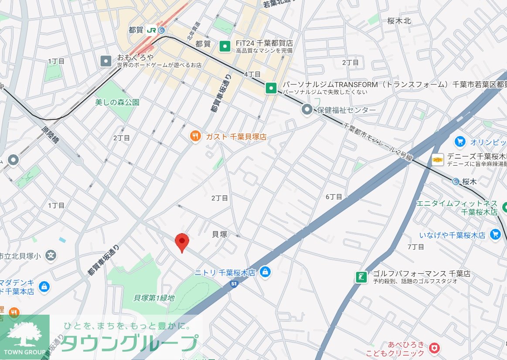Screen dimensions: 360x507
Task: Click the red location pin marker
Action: tap(182, 242)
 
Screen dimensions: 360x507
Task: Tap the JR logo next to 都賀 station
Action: tap(152, 30)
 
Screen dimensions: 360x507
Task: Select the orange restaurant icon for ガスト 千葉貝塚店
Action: tap(195, 136)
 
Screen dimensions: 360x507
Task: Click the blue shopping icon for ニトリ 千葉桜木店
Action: tap(265, 272)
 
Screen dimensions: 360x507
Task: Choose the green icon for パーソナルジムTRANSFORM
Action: tap(271, 88)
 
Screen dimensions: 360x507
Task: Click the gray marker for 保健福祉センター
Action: tap(307, 110)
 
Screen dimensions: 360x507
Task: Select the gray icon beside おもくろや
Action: tap(106, 61)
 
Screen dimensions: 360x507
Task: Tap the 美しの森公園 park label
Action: tap(117, 102)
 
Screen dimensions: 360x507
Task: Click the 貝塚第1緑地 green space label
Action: tap(154, 298)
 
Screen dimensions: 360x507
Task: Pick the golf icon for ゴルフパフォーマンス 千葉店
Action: tap(361, 277)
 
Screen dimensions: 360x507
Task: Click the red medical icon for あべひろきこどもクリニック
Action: tap(434, 348)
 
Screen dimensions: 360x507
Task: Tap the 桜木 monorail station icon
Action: tap(456, 181)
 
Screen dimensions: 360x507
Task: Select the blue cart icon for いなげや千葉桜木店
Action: tap(495, 235)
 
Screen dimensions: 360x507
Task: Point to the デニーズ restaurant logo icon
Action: tap(438, 160)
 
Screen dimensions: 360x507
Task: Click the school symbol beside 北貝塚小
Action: tap(51, 255)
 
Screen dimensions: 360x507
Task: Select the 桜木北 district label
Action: tap(399, 20)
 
